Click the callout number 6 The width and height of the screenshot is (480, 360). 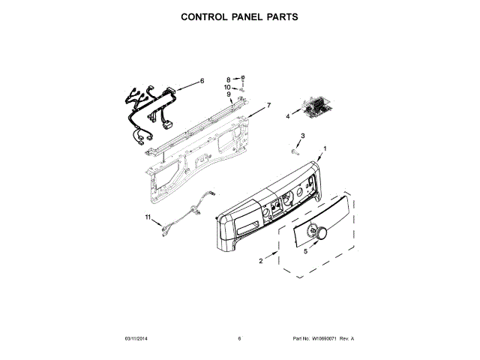pos(202,81)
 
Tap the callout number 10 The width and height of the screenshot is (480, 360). pos(229,87)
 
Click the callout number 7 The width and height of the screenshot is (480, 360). pos(268,105)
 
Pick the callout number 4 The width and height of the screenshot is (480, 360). pos(287,116)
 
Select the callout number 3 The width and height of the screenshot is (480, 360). pos(302,135)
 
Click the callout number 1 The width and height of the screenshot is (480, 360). pos(325,148)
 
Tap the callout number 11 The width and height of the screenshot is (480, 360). pos(148,218)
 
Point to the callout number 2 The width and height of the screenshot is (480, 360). pos(260,262)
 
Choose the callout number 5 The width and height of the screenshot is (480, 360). pos(305,252)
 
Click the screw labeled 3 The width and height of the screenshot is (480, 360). pos(289,151)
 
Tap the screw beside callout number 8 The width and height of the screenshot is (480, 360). pos(244,78)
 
